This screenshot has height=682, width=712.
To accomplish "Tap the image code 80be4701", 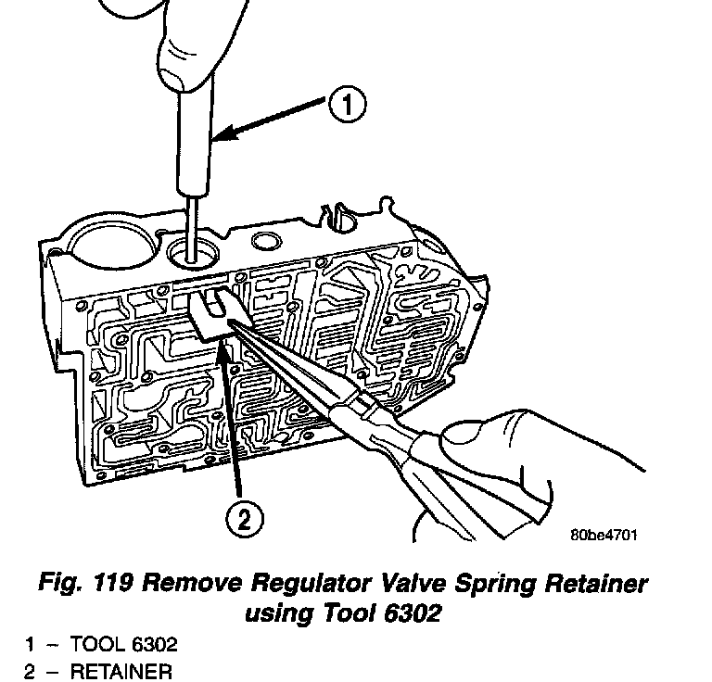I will pyautogui.click(x=603, y=535).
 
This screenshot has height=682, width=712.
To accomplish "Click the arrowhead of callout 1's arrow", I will pyautogui.click(x=218, y=139).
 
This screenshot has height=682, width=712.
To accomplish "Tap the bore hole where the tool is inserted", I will pyautogui.click(x=197, y=247).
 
